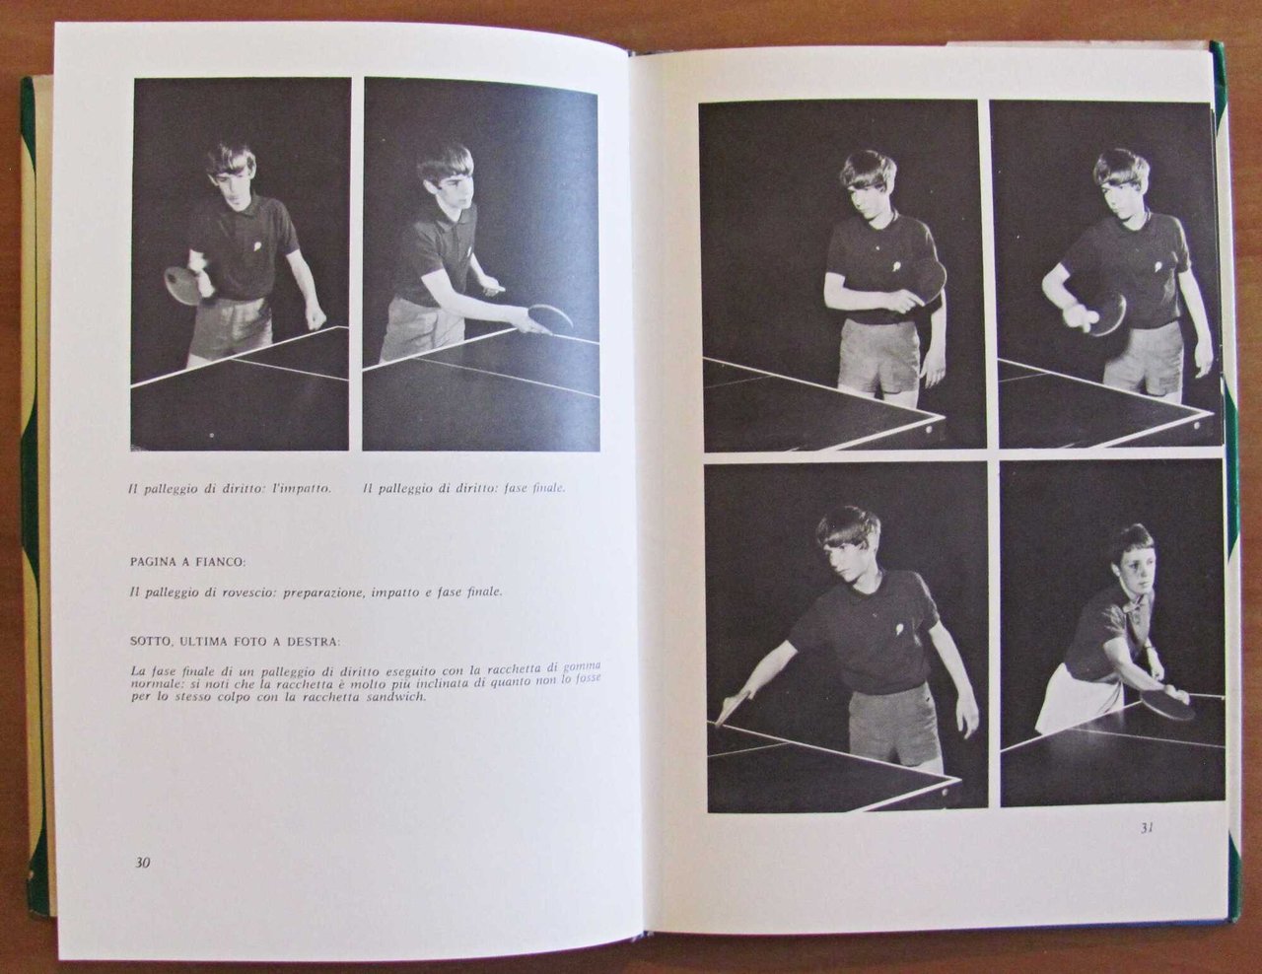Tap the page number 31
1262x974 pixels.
1146,828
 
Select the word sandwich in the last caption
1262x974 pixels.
396,697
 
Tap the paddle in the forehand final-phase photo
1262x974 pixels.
549,315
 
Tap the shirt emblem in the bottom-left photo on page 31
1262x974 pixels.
901,630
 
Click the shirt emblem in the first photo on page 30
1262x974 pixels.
257,245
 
